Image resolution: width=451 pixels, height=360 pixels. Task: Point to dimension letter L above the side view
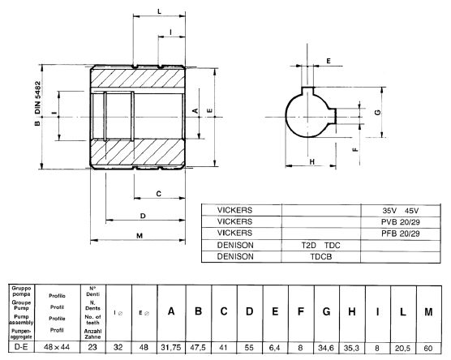click(x=158, y=10)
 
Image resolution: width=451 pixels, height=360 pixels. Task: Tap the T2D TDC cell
click(x=320, y=244)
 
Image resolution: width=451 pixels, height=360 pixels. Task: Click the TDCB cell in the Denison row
click(x=320, y=255)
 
